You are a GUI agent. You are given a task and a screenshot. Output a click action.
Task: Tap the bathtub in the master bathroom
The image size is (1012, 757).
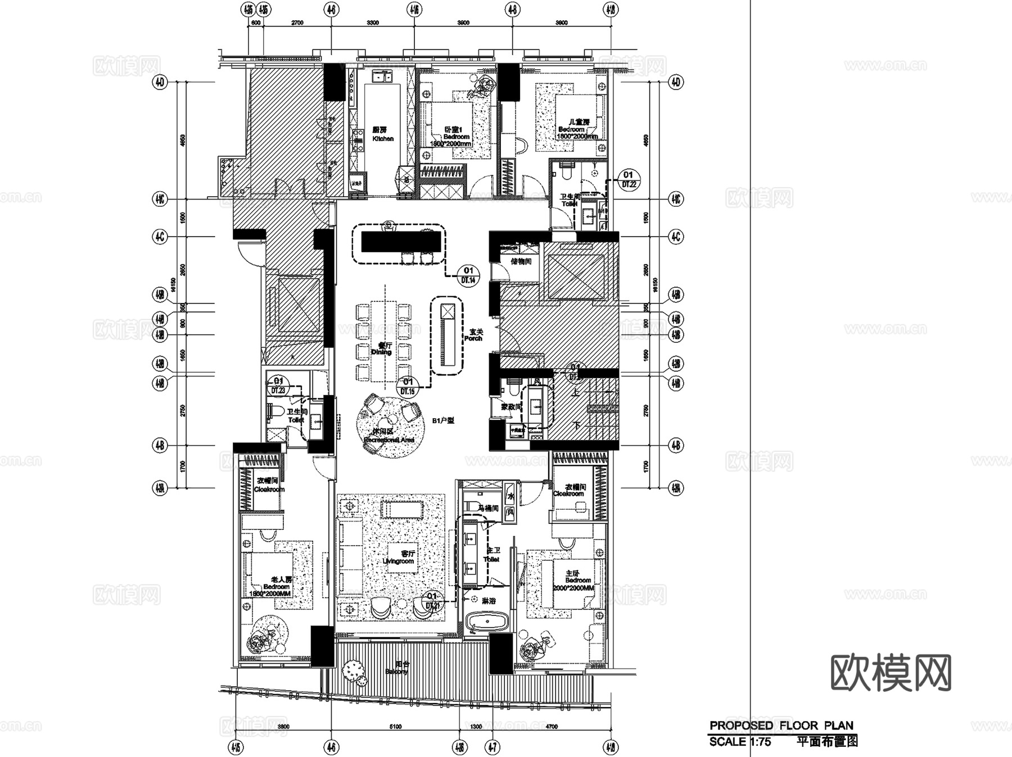point(487,623)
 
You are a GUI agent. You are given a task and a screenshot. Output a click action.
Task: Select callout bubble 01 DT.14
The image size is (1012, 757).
point(468,275)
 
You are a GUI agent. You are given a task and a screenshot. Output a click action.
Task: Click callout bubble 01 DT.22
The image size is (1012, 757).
point(628,179)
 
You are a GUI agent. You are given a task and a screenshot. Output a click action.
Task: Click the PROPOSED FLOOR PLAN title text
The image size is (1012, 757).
point(781,726)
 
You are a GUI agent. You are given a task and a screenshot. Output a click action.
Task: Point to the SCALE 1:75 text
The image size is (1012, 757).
point(740,742)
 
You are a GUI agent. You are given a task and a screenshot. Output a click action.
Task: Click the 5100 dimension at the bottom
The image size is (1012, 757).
point(395,727)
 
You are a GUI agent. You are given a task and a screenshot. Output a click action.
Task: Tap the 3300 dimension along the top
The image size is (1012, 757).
point(372,23)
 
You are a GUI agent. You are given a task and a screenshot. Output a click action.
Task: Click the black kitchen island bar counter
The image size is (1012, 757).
point(400,242)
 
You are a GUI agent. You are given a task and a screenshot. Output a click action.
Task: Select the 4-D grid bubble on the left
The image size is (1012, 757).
point(160,83)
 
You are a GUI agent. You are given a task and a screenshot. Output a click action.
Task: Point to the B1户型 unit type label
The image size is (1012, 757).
point(443,420)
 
